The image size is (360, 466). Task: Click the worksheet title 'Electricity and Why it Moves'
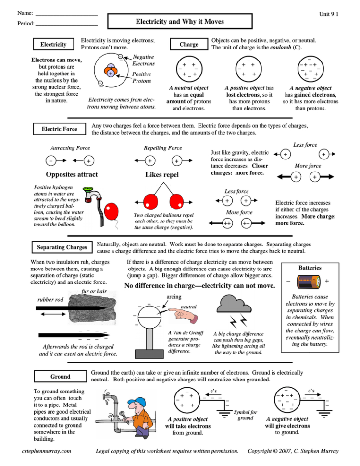[180, 22]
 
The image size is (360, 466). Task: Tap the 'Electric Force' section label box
[60, 129]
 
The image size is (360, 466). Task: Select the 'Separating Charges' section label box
[62, 247]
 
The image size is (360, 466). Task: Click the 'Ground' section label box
[60, 376]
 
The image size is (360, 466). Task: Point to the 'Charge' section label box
[188, 45]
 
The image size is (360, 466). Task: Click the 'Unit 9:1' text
[328, 14]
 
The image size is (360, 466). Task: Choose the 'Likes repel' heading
[162, 175]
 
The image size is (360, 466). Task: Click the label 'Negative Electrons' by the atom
[144, 60]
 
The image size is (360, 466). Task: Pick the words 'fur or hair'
[94, 291]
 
